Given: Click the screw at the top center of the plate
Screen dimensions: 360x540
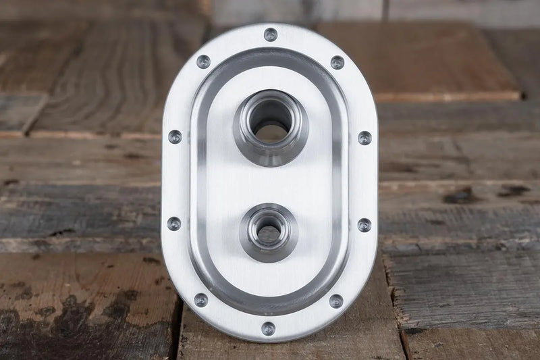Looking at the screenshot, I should (x=270, y=34).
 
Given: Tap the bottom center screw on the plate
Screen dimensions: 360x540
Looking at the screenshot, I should (x=269, y=328).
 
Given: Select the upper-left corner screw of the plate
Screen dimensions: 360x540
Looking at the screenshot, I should (x=203, y=61).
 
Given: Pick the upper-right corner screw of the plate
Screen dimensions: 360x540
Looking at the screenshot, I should (x=337, y=63).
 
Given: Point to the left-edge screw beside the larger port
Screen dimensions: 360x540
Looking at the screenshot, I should (x=175, y=136).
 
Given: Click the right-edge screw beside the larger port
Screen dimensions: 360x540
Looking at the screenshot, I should (x=364, y=138).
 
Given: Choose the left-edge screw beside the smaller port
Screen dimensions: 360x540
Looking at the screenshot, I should (x=174, y=224).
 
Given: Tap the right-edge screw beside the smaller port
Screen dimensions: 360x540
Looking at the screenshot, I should (x=364, y=225).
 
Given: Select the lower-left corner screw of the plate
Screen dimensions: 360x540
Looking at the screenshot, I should (x=201, y=299).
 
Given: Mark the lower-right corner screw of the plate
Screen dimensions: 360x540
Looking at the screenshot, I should (x=335, y=301).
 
